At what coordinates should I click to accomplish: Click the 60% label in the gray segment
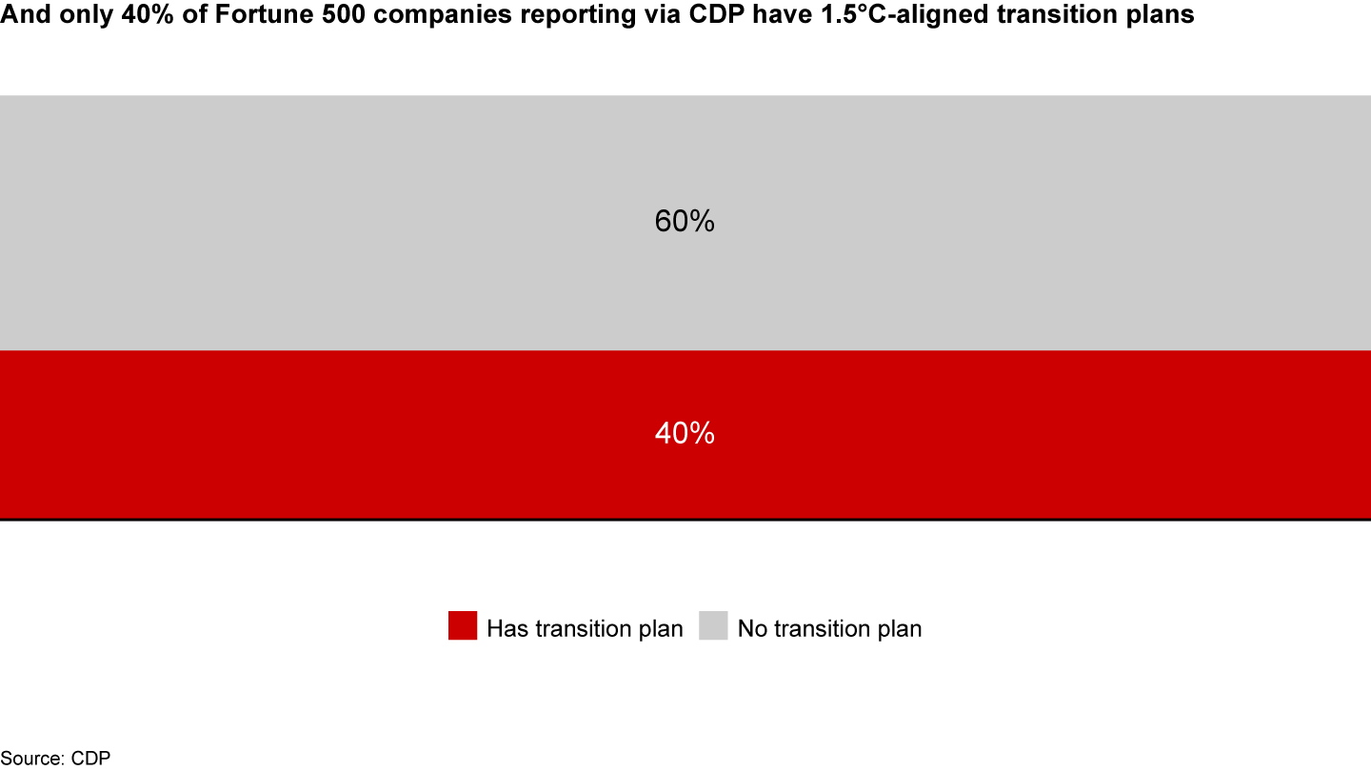tap(685, 221)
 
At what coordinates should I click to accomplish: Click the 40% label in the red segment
tap(685, 433)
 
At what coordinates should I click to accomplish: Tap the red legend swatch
tap(463, 625)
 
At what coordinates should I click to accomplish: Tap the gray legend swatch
tap(714, 625)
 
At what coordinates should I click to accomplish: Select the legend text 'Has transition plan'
tap(585, 628)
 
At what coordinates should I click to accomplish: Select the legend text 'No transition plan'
tap(829, 628)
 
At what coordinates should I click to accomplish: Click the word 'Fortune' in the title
tap(264, 14)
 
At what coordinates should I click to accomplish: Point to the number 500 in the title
tap(344, 14)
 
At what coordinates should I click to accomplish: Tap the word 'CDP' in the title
tap(717, 14)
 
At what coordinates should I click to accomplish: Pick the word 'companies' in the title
tap(442, 15)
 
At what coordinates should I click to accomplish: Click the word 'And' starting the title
tap(25, 14)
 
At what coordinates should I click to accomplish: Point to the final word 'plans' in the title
tap(1160, 15)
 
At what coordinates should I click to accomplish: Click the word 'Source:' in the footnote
tap(31, 758)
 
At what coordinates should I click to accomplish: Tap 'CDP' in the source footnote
tap(90, 758)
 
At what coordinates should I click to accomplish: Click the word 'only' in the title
tap(86, 15)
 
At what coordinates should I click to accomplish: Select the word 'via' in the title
tap(662, 14)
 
